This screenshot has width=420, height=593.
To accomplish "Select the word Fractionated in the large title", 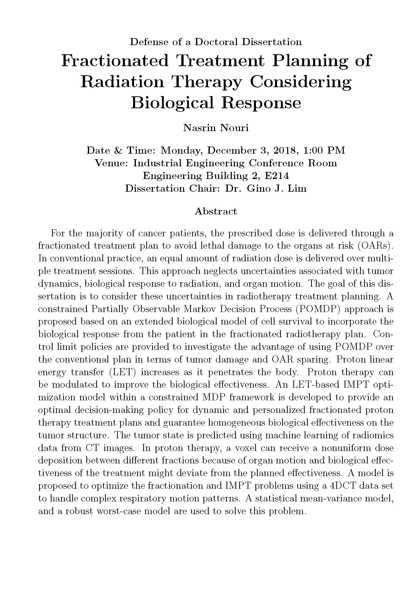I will pyautogui.click(x=115, y=61).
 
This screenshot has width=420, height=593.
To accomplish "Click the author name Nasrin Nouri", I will pyautogui.click(x=216, y=128).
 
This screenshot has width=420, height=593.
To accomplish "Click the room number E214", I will pyautogui.click(x=277, y=176).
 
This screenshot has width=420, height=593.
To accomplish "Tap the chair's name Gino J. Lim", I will pyautogui.click(x=277, y=189).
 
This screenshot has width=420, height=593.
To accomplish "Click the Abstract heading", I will pyautogui.click(x=216, y=211).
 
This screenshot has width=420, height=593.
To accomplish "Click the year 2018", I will pyautogui.click(x=285, y=150).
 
